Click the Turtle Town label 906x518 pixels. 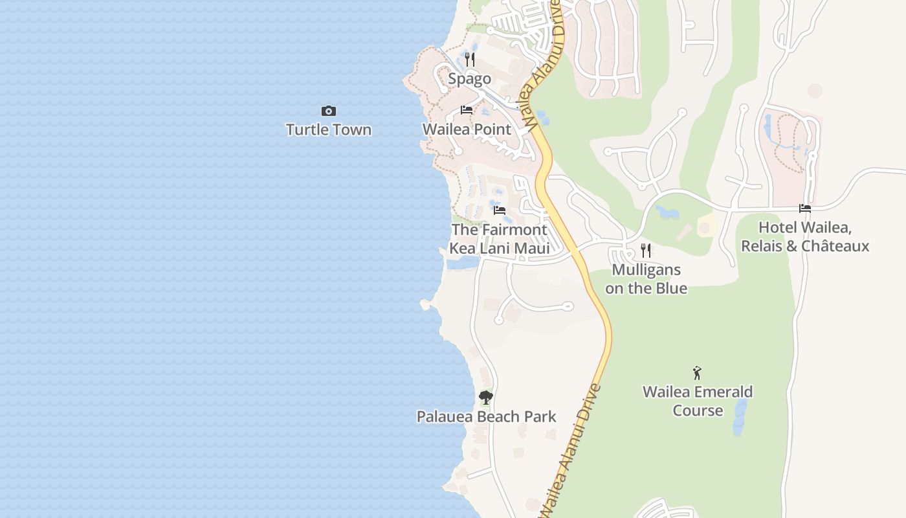[x=329, y=129]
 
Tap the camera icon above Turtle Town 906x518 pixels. [x=329, y=111]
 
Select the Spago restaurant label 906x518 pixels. [x=470, y=79]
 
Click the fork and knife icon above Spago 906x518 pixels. [x=470, y=60]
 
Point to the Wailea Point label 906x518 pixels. [x=467, y=129]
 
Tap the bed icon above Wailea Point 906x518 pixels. [x=466, y=110]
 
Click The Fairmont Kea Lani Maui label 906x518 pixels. [x=499, y=239]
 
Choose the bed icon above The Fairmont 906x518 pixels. [x=499, y=210]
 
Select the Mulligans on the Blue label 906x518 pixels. [x=646, y=279]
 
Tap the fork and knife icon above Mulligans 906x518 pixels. [x=645, y=251]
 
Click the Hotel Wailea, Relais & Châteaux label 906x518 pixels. [x=805, y=237]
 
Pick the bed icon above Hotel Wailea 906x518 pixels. [x=805, y=208]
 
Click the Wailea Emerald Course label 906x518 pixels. [x=698, y=401]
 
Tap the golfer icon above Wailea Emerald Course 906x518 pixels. [x=697, y=373]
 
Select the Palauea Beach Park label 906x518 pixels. [x=486, y=416]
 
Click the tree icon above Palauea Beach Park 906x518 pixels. [x=486, y=398]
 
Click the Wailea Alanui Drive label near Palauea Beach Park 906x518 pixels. [x=571, y=450]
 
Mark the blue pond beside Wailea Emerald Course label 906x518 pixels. [x=740, y=416]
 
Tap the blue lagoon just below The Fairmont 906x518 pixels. [x=462, y=262]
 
